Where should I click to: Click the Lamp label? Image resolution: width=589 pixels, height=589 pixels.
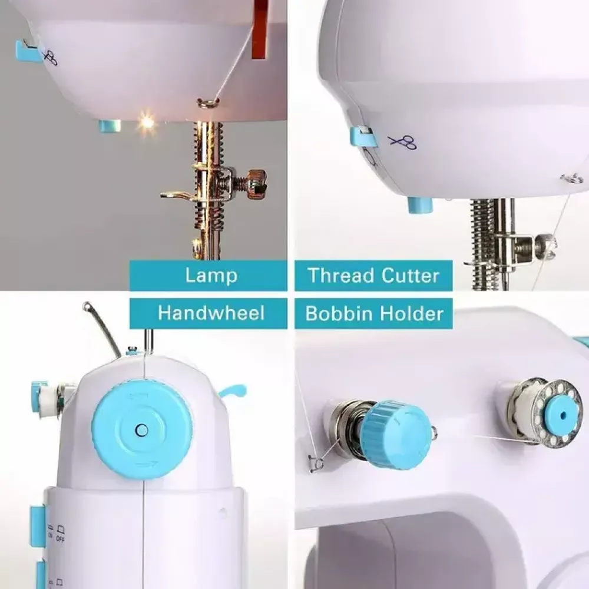(211, 275)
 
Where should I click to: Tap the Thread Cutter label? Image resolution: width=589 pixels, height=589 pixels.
(373, 275)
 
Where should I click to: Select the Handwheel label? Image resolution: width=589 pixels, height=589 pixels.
(211, 313)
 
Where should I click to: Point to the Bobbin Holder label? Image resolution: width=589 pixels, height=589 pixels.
(374, 313)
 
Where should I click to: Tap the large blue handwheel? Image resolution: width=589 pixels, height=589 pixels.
(142, 429)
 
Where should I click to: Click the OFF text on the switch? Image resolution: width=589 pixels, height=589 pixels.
(60, 539)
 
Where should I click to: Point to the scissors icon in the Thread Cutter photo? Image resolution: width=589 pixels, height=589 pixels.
(403, 142)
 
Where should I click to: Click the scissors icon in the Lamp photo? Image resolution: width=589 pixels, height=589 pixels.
(51, 58)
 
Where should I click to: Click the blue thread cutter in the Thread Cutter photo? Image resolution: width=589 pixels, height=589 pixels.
(362, 137)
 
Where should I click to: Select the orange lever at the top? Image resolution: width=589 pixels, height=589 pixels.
(261, 29)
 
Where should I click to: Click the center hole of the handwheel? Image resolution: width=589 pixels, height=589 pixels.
(142, 430)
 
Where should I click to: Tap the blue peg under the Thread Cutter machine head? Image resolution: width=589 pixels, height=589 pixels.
(419, 206)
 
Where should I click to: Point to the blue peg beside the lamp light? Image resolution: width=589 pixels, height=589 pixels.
(110, 126)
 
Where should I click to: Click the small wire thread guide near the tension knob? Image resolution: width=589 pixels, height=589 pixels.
(316, 464)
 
